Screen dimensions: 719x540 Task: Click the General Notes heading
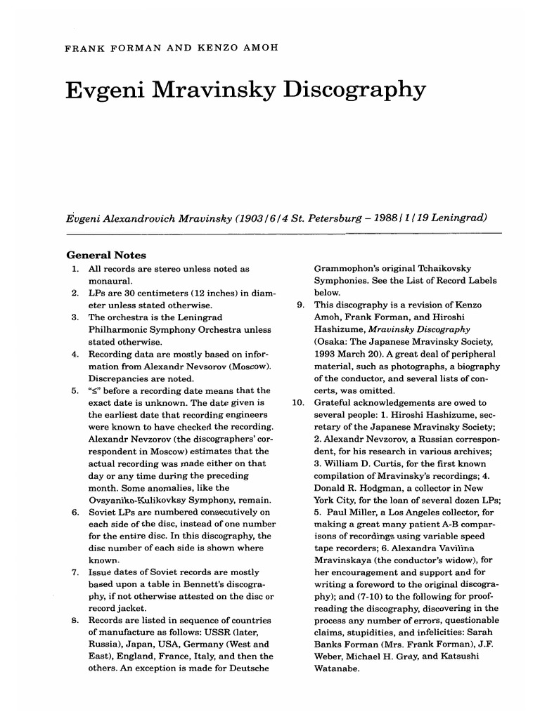(106, 256)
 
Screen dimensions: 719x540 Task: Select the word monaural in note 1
(110, 281)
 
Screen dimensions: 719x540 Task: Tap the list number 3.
(75, 318)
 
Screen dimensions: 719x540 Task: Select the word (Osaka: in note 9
(333, 342)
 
